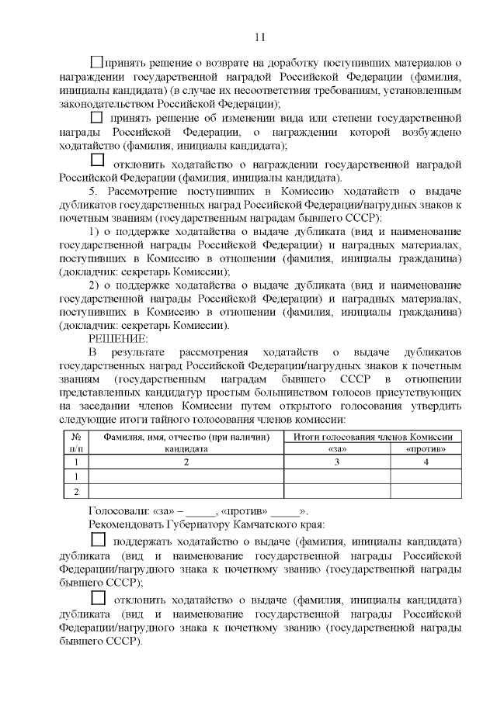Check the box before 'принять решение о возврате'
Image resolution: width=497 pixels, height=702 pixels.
point(96,61)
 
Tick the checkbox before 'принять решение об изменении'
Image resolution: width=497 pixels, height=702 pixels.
point(96,118)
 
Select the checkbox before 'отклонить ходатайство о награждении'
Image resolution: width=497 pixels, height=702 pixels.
point(97,161)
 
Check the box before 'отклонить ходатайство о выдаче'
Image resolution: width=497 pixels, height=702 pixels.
point(97,597)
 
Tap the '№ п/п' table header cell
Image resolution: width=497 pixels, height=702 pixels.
point(75,442)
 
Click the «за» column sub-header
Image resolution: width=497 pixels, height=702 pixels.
point(336,448)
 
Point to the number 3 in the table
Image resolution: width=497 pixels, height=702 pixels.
point(336,462)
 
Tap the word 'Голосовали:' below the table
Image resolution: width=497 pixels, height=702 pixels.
point(116,511)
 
